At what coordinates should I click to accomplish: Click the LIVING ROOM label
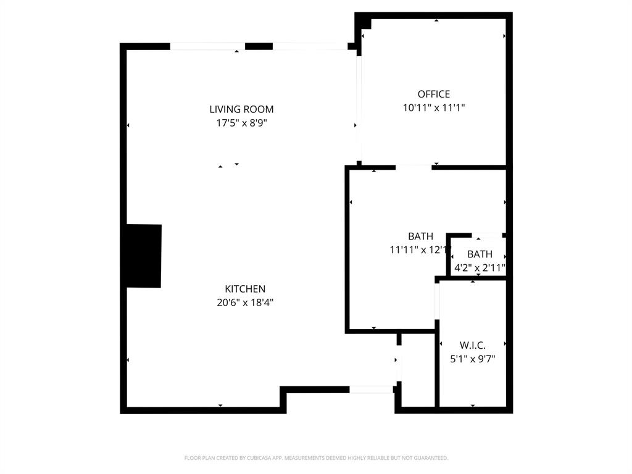click(x=241, y=109)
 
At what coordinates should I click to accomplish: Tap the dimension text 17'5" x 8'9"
click(x=241, y=123)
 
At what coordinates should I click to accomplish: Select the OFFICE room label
click(x=434, y=94)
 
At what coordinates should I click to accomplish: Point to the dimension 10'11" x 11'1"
click(x=434, y=107)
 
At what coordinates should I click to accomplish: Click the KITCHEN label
click(x=245, y=289)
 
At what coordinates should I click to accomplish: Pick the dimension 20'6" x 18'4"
click(x=245, y=302)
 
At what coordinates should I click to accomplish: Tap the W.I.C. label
click(x=473, y=345)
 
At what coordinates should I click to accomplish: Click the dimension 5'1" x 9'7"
click(x=473, y=359)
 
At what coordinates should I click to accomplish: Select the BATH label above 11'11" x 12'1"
click(x=420, y=236)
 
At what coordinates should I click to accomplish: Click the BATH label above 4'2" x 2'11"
click(x=480, y=254)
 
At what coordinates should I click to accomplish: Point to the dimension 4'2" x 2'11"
click(x=480, y=268)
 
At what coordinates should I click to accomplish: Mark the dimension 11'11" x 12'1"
click(x=420, y=250)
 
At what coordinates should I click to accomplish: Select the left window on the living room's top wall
click(x=207, y=46)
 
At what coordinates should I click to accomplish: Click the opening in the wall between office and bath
click(x=414, y=167)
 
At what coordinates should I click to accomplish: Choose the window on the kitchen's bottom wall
click(x=372, y=389)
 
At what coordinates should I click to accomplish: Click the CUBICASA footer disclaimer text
click(x=316, y=458)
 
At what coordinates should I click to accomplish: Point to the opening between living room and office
click(x=359, y=108)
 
